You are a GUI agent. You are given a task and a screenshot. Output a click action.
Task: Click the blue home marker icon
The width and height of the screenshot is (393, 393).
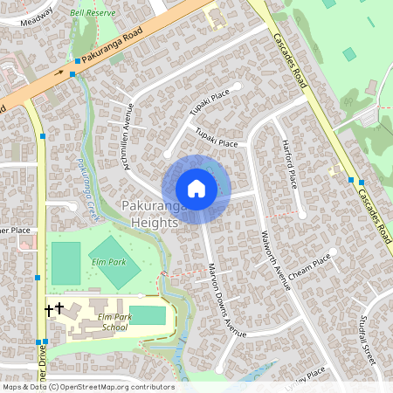196,188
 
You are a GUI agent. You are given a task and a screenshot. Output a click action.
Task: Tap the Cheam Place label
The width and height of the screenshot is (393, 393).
310,266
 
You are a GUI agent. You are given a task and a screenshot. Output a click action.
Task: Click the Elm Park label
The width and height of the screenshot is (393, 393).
108,261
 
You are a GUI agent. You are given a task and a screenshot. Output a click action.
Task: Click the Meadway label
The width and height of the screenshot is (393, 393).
36,15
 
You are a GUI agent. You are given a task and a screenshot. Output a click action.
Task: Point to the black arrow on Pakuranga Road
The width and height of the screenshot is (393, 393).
59,73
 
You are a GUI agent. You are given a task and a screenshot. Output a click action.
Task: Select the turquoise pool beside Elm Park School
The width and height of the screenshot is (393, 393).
148,315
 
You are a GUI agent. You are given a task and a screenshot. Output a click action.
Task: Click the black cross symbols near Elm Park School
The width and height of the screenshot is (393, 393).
54,308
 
